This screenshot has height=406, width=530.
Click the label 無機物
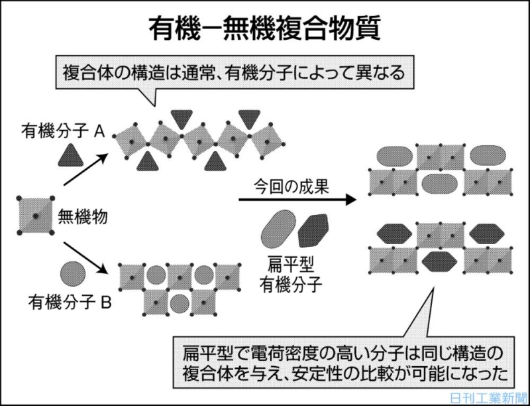pyautogui.click(x=83, y=216)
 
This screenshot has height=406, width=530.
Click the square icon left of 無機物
pyautogui.click(x=35, y=216)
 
